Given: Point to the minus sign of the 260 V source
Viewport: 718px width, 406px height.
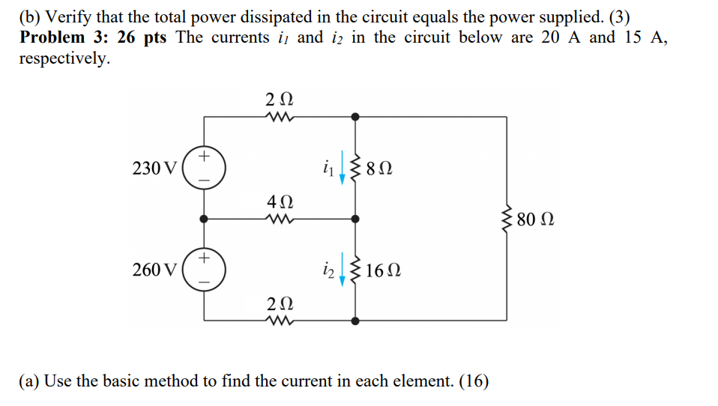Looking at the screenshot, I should point(204,282).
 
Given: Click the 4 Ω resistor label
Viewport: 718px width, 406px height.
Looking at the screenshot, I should point(280,202).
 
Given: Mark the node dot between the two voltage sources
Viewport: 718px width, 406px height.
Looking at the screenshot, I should point(204,219).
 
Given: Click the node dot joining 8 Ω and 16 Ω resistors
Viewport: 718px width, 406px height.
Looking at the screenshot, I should point(355,219).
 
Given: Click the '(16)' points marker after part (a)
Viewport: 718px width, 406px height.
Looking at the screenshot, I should point(473,381).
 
